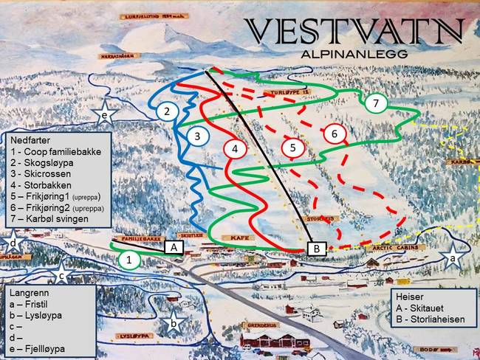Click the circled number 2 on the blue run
168,111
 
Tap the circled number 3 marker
197,136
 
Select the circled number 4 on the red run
235,149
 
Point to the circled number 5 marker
293,148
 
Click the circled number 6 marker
335,134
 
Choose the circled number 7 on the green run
376,103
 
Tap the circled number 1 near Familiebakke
129,260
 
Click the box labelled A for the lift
174,248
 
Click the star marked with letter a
452,258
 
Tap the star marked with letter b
173,322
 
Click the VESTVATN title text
354,32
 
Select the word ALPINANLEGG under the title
354,54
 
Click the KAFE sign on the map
236,238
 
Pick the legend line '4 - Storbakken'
46,187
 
